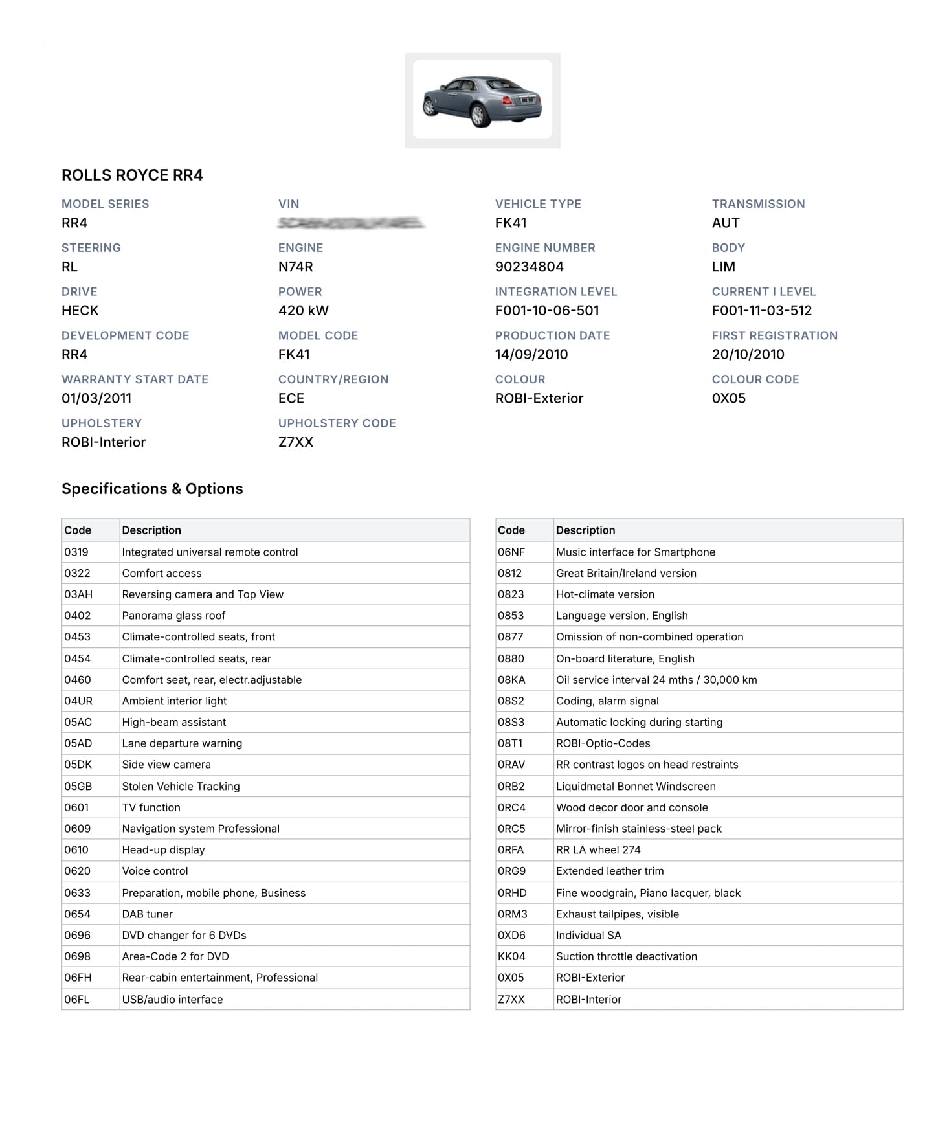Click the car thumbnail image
click(482, 100)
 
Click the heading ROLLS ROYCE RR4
click(132, 175)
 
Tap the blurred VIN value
click(351, 223)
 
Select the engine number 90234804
click(529, 267)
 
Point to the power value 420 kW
click(303, 311)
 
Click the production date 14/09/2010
click(531, 355)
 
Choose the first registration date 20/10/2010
click(748, 355)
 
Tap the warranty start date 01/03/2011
click(96, 399)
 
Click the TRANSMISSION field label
click(758, 204)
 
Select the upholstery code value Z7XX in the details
click(296, 443)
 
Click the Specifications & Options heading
click(152, 489)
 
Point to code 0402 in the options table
click(78, 616)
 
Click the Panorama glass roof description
click(173, 616)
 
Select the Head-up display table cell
click(163, 850)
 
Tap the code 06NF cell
click(511, 552)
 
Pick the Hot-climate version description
click(605, 594)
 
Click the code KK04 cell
click(511, 956)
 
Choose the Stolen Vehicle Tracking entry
click(181, 787)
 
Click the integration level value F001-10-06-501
click(547, 311)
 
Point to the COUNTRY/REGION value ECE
click(291, 399)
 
